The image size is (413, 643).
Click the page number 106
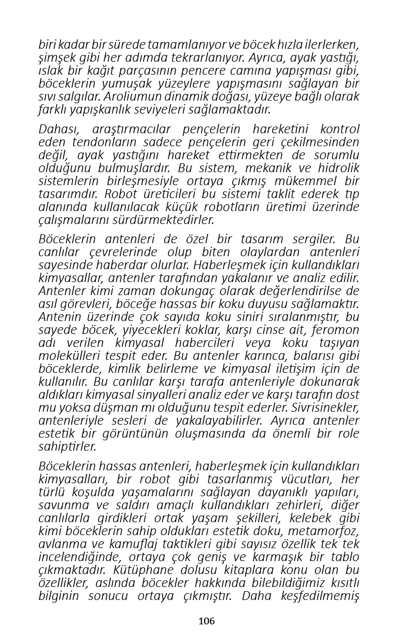coord(206,621)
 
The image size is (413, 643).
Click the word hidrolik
coord(337,168)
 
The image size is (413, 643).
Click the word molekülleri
coord(67,356)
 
